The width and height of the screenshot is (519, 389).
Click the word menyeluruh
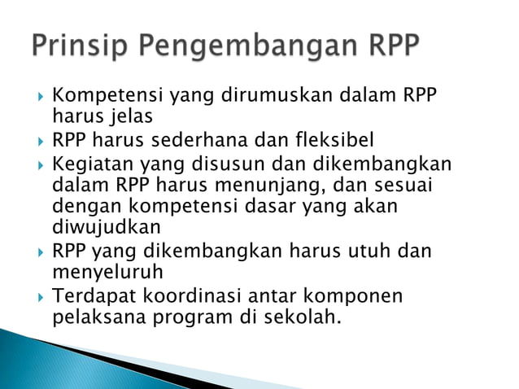pos(107,271)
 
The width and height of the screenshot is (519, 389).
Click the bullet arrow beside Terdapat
pos(40,295)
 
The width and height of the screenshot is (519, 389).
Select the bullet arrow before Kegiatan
pos(40,164)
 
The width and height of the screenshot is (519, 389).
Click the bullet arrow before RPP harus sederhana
pos(40,141)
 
